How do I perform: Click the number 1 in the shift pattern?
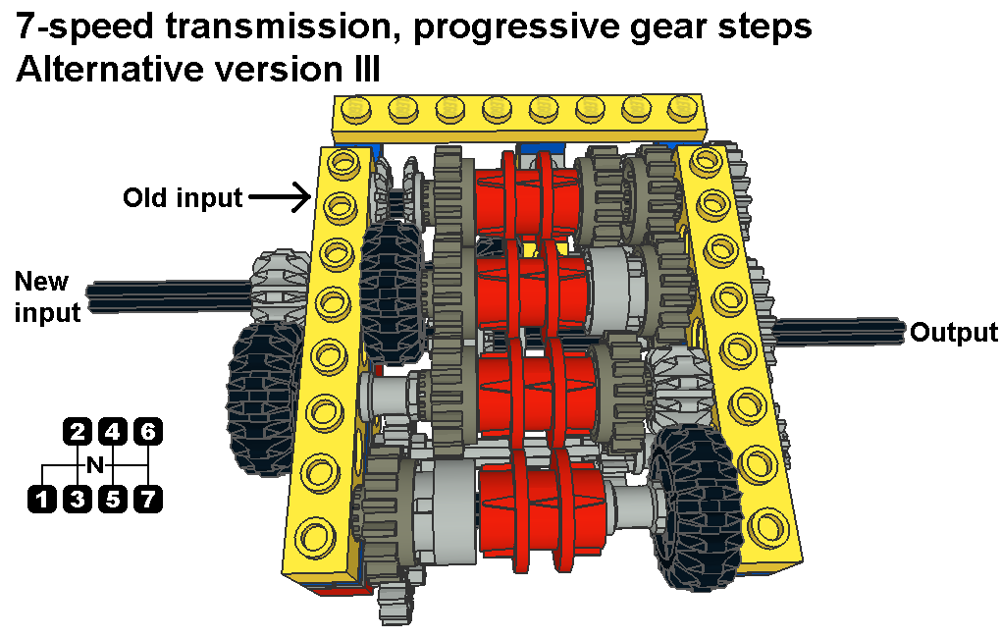point(42,499)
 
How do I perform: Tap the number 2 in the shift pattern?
point(78,432)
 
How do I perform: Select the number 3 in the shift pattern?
point(78,499)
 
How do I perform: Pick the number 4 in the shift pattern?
point(112,432)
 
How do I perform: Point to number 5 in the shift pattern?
point(112,499)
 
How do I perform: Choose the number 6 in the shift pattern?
point(147,432)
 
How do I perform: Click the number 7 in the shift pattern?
point(147,499)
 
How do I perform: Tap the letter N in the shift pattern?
point(95,465)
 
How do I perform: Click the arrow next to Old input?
point(280,196)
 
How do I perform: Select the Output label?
point(954,333)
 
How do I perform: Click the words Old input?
point(183,197)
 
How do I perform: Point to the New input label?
point(47,297)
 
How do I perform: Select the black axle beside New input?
point(170,294)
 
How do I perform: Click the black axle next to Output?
point(840,332)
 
